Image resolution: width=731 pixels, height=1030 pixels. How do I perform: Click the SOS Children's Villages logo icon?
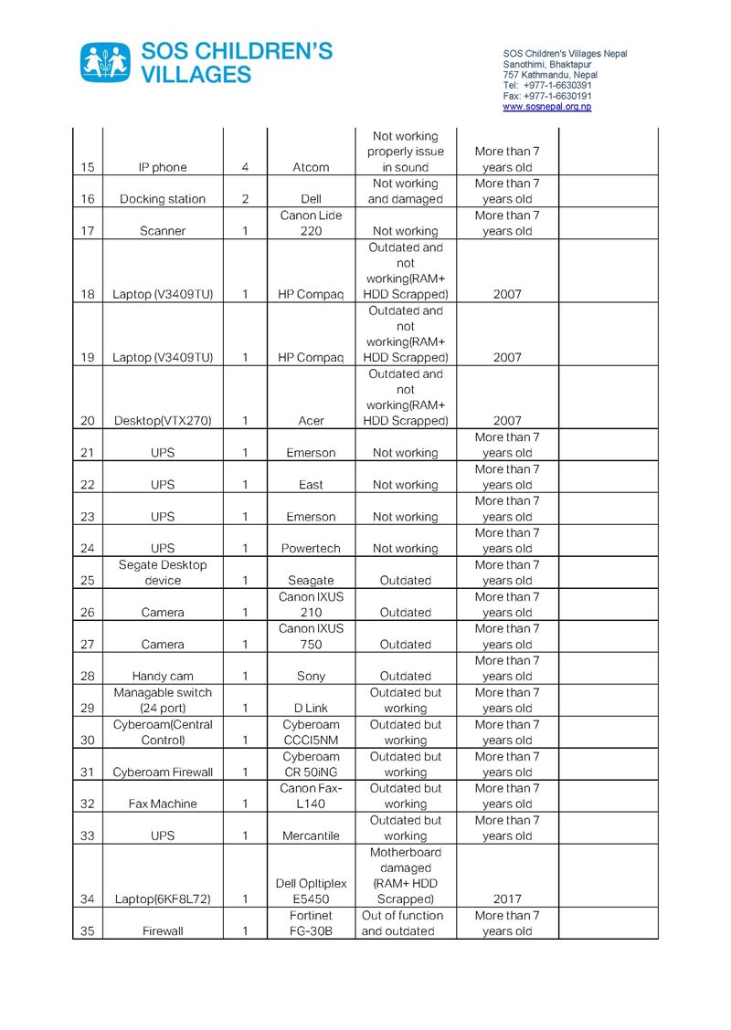click(106, 62)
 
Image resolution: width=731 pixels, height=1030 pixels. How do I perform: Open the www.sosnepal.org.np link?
click(546, 107)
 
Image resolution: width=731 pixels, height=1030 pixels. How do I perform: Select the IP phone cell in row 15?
click(163, 167)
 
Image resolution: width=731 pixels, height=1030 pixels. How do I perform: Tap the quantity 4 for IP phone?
click(245, 167)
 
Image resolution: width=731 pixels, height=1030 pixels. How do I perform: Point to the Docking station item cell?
click(163, 199)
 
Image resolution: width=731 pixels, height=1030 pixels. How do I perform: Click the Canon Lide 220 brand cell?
click(311, 223)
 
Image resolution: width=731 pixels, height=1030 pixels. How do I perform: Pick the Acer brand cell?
click(311, 421)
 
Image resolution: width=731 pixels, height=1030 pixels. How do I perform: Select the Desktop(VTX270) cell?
click(163, 421)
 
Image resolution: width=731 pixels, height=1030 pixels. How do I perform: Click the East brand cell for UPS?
click(311, 485)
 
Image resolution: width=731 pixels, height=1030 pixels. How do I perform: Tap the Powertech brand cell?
click(311, 549)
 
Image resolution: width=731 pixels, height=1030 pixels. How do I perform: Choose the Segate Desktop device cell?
click(163, 573)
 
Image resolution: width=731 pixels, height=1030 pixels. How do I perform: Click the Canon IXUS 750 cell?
click(311, 636)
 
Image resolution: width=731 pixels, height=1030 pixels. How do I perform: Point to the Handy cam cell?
click(163, 677)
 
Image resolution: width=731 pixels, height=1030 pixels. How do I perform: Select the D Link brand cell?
click(311, 708)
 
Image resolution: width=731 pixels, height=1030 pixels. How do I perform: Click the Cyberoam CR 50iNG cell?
click(311, 764)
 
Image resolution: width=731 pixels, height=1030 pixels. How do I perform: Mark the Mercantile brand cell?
click(311, 836)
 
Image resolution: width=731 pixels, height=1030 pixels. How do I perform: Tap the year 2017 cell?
click(507, 899)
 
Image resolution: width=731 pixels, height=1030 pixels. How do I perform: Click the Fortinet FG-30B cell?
click(311, 923)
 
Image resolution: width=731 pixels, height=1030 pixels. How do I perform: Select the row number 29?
click(88, 708)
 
